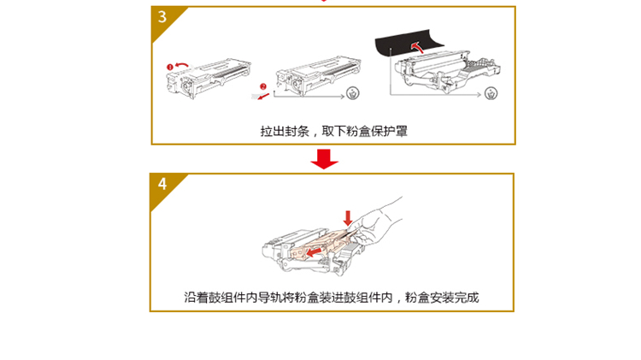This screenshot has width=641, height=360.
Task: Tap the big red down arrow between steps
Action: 324,159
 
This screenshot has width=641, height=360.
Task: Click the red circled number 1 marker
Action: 170,67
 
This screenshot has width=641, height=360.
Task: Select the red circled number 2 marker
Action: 263,86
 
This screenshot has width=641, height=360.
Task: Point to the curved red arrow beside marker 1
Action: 182,65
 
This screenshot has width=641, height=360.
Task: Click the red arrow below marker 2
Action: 263,97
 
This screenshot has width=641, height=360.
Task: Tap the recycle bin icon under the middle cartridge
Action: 352,93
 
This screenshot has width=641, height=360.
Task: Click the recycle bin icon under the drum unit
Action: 491,94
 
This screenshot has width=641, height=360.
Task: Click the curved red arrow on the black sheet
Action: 417,47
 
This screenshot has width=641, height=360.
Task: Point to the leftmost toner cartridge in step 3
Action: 208,79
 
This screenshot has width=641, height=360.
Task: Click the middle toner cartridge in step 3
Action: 318,76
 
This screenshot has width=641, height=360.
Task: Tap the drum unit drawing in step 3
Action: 447,72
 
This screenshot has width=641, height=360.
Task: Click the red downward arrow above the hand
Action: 348,218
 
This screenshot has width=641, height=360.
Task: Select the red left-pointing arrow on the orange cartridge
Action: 314,251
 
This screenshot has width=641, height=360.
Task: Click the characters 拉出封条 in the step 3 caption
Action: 285,132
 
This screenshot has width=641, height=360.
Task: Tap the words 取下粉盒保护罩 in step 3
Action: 364,132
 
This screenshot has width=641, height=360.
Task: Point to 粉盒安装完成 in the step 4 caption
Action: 442,298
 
